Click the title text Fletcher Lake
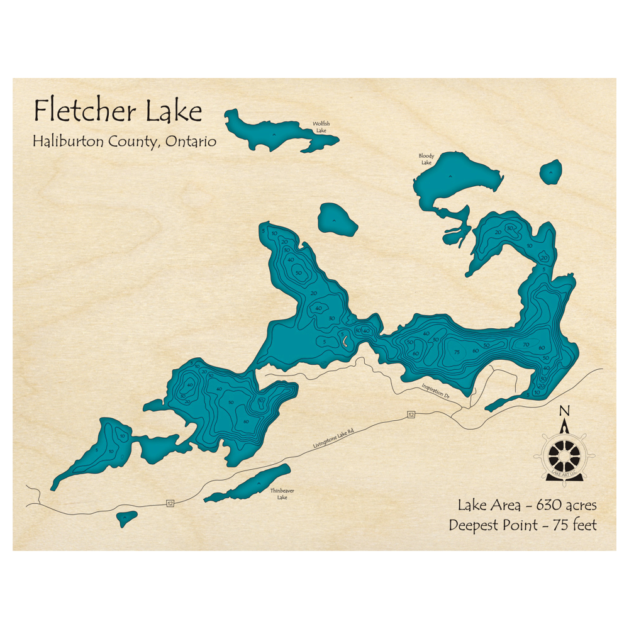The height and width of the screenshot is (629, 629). (x=118, y=111)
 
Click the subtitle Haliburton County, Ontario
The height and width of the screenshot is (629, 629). (x=125, y=142)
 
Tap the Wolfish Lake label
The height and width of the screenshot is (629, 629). (x=321, y=126)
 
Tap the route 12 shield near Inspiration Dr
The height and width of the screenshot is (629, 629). (x=411, y=415)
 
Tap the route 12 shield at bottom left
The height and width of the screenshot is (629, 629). (x=170, y=503)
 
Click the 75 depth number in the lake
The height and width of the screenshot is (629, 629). (x=457, y=352)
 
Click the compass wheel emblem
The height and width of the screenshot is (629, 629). (x=564, y=454)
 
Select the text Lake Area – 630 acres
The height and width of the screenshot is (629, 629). (x=527, y=504)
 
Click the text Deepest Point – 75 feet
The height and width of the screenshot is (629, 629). (x=523, y=525)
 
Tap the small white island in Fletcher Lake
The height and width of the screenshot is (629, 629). (x=345, y=341)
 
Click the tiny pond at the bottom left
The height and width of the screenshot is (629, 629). (x=127, y=518)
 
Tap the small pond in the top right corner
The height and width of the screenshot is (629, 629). (x=551, y=172)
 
